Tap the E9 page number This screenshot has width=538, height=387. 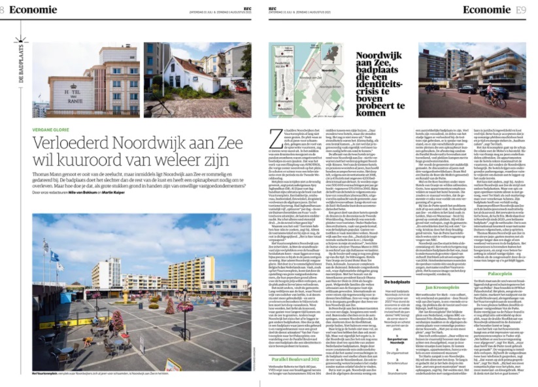coord(520,10)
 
